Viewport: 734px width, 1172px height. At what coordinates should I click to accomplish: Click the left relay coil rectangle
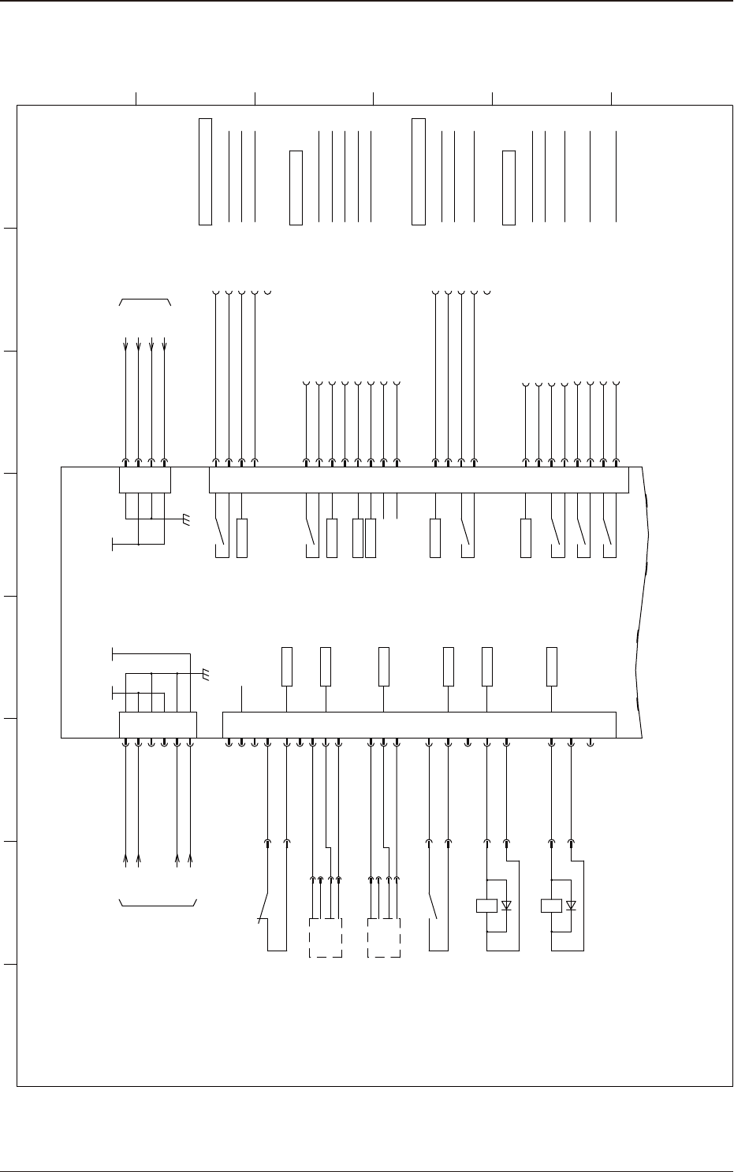486,906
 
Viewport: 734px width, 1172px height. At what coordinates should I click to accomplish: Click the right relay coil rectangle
551,906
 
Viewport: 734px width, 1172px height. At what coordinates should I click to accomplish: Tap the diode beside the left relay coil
506,906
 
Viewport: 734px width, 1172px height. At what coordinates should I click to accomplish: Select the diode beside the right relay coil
571,906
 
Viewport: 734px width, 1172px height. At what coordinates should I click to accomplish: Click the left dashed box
326,937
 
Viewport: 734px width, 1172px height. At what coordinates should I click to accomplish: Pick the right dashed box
384,937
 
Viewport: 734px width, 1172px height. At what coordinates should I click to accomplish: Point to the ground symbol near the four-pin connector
184,519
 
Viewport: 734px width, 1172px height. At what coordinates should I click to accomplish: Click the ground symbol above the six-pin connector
206,674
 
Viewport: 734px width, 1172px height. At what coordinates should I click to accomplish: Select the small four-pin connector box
144,480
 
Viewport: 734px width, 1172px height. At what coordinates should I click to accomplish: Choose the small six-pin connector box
158,724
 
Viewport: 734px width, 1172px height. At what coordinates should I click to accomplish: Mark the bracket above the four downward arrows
145,301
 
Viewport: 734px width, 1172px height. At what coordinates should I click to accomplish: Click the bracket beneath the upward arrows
158,903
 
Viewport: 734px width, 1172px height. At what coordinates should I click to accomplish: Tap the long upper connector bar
419,480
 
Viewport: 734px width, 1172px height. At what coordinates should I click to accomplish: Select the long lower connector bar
419,724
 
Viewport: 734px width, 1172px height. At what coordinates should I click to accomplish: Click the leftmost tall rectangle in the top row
205,171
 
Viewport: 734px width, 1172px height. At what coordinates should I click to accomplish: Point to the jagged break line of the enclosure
643,599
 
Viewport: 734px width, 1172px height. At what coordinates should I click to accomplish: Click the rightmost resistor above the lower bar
552,667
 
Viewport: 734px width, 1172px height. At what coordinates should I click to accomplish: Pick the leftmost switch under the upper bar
220,532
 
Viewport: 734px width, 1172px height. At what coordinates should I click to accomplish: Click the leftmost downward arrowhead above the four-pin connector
126,347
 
